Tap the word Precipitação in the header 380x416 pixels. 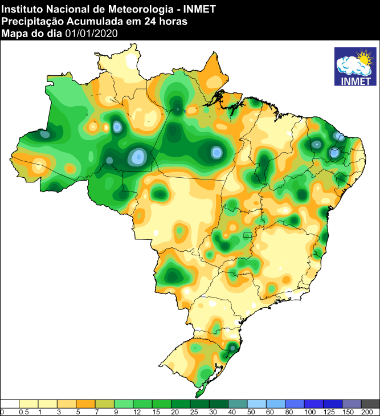(29, 21)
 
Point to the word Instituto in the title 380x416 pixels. (21, 9)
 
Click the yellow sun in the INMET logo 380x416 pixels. (363, 58)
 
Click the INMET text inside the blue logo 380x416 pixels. (356, 80)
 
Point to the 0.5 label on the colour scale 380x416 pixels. (24, 411)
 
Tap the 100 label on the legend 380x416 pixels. (309, 411)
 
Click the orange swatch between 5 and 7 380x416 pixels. (86, 403)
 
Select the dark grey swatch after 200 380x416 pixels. (370, 403)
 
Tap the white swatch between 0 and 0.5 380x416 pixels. (10, 403)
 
